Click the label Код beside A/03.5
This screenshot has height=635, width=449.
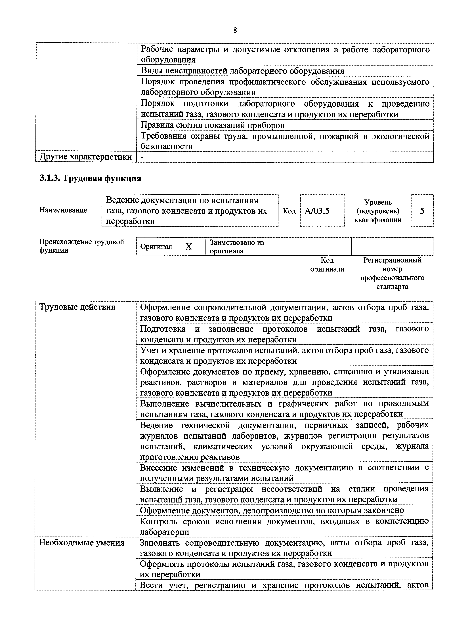click(289, 211)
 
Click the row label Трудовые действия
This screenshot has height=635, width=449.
click(77, 307)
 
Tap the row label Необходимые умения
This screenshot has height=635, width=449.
click(82, 543)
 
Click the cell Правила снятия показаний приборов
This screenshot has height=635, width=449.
click(213, 125)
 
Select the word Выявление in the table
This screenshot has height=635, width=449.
click(161, 489)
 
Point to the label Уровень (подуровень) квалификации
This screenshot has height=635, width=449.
click(378, 211)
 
